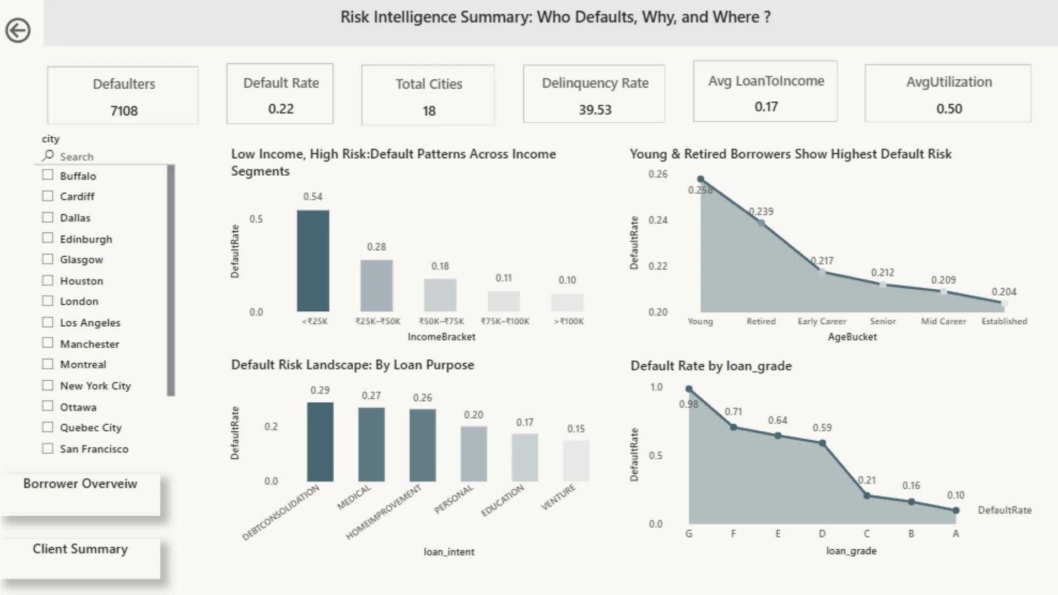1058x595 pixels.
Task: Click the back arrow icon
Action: tap(18, 30)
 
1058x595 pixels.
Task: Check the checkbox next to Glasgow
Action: tap(48, 259)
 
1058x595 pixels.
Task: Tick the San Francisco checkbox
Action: tap(48, 448)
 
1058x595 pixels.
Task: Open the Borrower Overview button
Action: tap(80, 494)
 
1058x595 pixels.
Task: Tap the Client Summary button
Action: tap(80, 558)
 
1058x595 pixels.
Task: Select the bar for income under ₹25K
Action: tap(313, 261)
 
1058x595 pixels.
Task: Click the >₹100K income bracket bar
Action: tap(567, 302)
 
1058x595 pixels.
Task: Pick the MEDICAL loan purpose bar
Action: tap(371, 445)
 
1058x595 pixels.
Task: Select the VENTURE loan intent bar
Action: tap(576, 461)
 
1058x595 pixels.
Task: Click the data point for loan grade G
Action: tap(689, 389)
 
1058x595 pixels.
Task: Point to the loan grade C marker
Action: tap(867, 496)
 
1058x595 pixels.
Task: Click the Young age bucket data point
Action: tap(701, 179)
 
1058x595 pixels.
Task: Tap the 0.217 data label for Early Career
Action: tap(822, 261)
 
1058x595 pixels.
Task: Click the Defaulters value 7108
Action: tap(124, 111)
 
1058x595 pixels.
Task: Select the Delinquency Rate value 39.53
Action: tap(595, 110)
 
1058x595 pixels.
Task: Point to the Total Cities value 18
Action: tap(429, 111)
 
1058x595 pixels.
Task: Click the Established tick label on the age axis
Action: tap(1004, 321)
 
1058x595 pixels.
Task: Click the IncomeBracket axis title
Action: tap(441, 337)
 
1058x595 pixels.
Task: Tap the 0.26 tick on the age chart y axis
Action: tap(658, 174)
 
